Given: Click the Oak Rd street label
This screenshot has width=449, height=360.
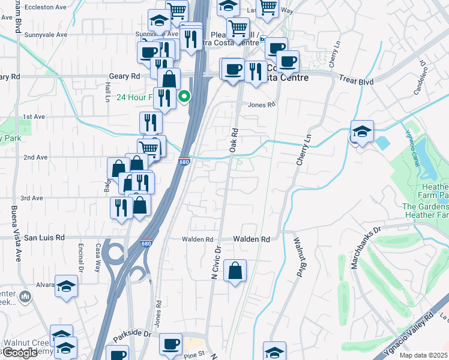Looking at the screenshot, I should [x=234, y=139].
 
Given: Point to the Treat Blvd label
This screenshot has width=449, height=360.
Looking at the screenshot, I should [x=357, y=80].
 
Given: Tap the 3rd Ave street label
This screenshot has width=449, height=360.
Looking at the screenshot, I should [x=32, y=198].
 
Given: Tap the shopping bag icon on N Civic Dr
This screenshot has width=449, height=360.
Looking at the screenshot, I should [x=235, y=270].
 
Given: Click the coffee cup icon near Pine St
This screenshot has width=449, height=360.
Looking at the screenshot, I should [x=171, y=344].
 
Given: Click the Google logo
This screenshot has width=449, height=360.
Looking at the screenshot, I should [x=20, y=353].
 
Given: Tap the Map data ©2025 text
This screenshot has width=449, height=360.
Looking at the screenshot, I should [x=423, y=355].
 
